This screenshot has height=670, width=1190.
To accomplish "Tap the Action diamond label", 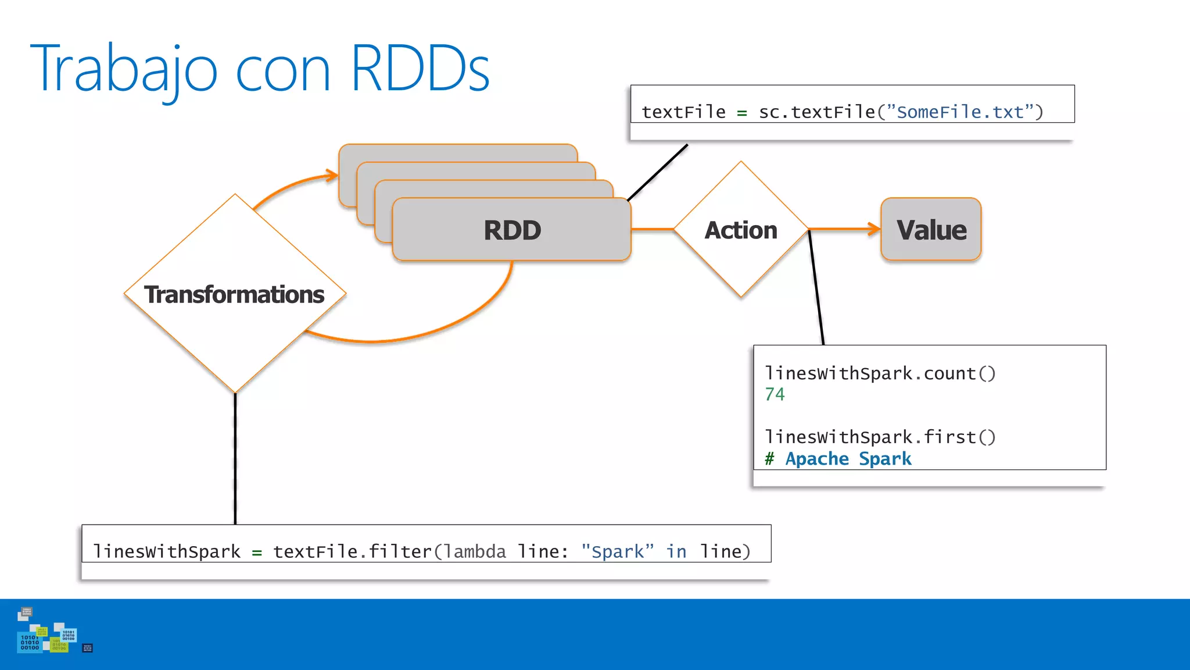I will click(x=740, y=230).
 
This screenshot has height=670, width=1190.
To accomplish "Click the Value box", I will click(x=931, y=230).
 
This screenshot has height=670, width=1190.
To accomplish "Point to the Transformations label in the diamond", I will click(x=234, y=294).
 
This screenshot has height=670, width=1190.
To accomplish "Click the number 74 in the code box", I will click(x=775, y=394).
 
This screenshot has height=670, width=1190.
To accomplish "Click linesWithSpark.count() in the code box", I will click(x=880, y=373).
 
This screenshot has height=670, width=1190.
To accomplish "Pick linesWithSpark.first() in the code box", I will click(x=880, y=437).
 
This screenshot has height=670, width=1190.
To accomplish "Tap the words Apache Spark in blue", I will click(x=848, y=459).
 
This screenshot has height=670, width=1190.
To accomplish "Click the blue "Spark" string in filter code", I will click(x=617, y=551).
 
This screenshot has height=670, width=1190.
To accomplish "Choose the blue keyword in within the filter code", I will click(x=676, y=551).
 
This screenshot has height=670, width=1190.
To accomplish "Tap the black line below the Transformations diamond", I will click(x=235, y=459).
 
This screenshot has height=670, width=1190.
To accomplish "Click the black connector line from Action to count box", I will click(x=816, y=288).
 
